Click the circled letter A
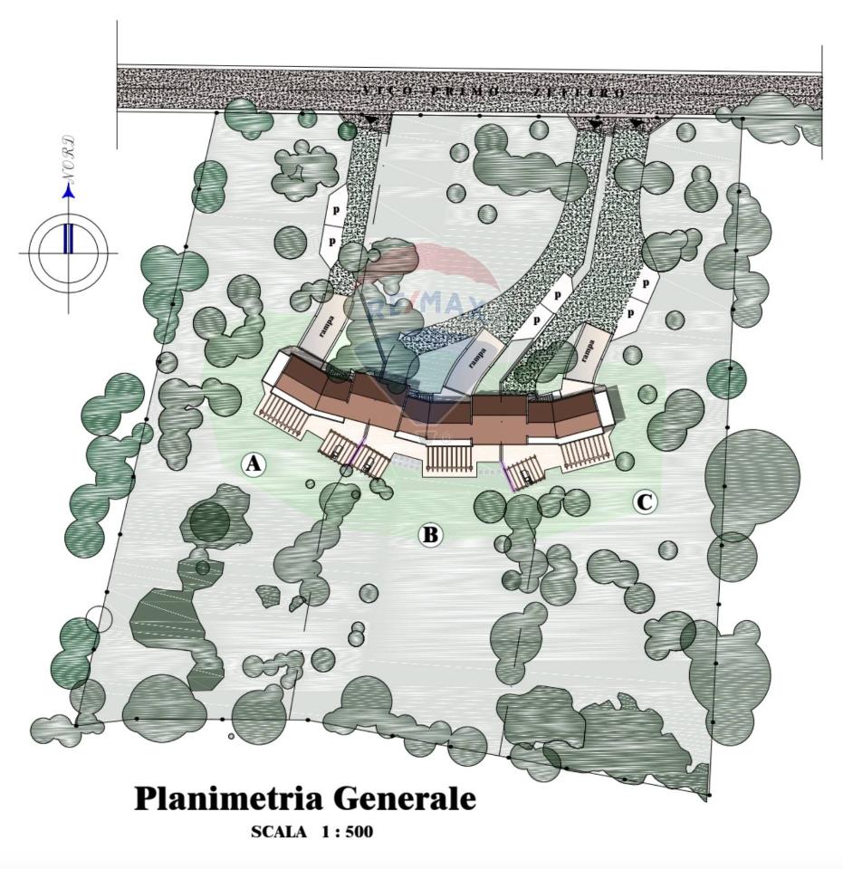254,464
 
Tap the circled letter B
430,535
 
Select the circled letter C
645,501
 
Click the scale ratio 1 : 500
345,832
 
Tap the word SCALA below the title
278,832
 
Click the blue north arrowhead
68,191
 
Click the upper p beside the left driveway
335,209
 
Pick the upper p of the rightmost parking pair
646,282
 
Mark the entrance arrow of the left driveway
371,119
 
